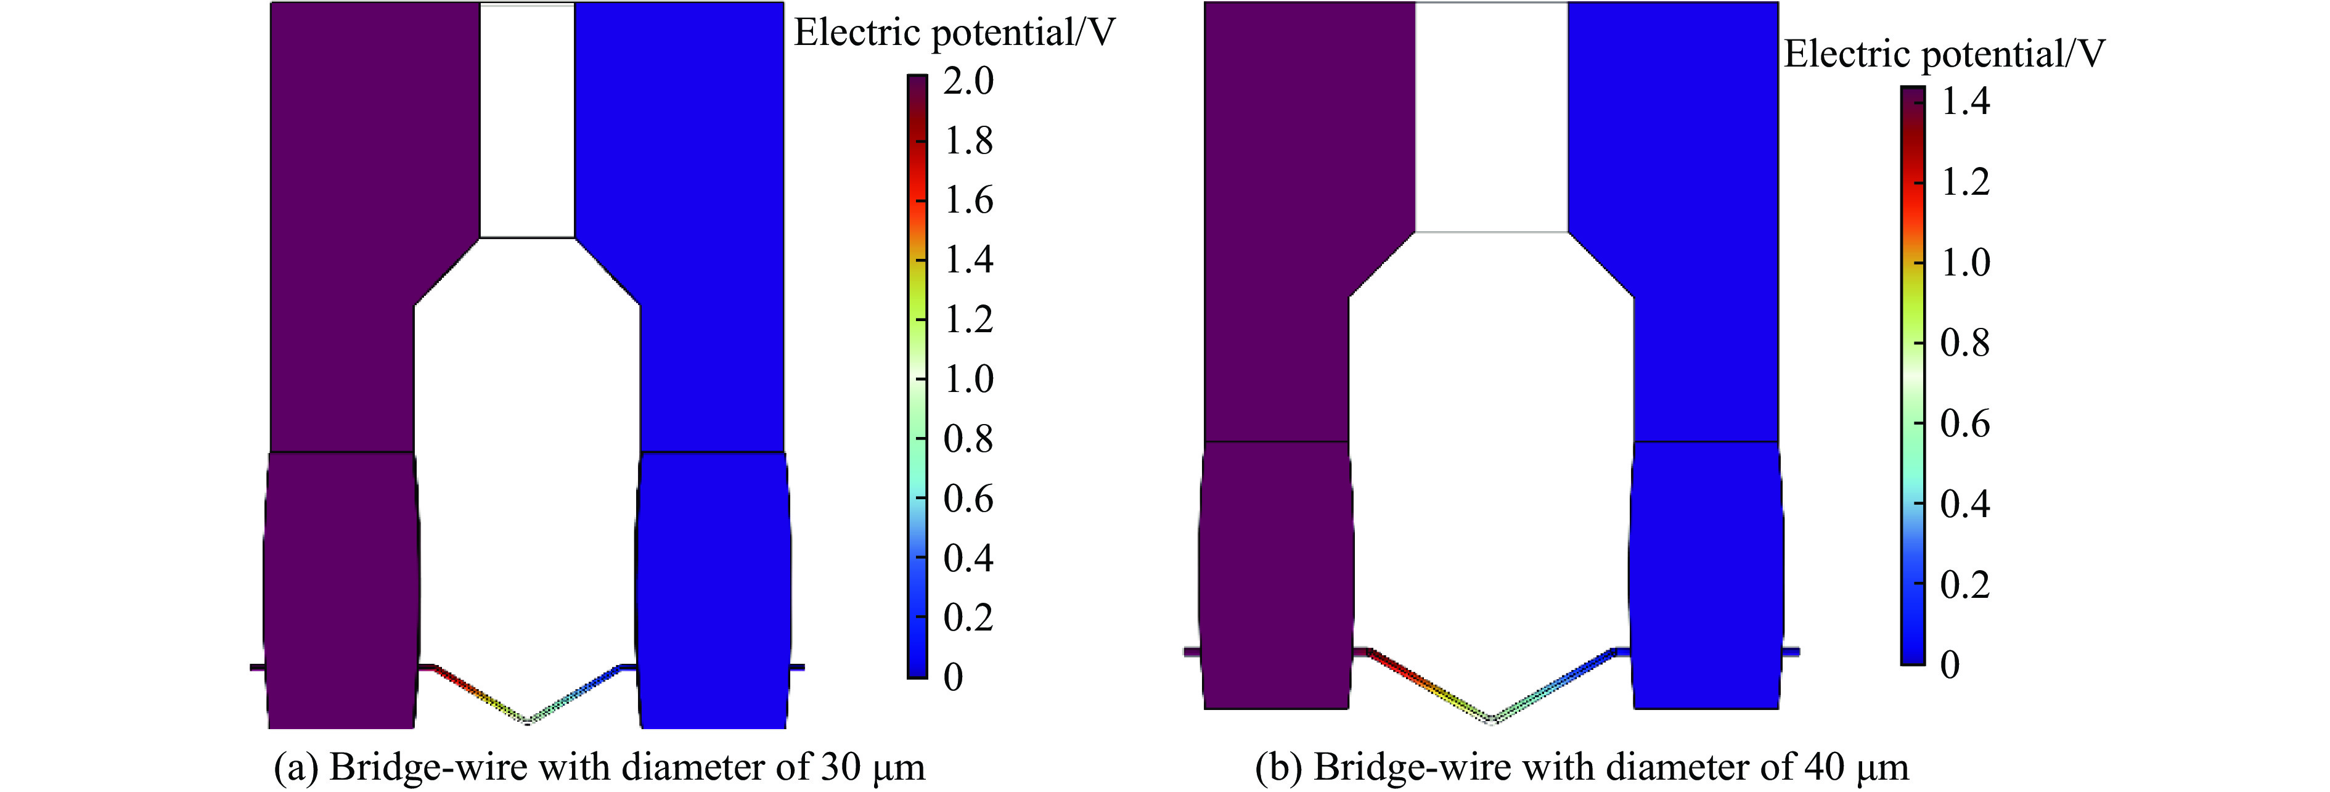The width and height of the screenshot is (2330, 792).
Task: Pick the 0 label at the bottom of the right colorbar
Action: (1950, 664)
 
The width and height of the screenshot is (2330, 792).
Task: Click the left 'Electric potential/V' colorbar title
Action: (954, 33)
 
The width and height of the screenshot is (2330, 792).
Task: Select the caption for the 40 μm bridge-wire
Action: (1582, 767)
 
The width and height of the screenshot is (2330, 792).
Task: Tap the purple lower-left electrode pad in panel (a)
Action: (342, 587)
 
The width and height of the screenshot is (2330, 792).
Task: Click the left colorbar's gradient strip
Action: (917, 375)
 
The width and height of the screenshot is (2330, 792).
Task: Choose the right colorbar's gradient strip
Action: (1912, 375)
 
